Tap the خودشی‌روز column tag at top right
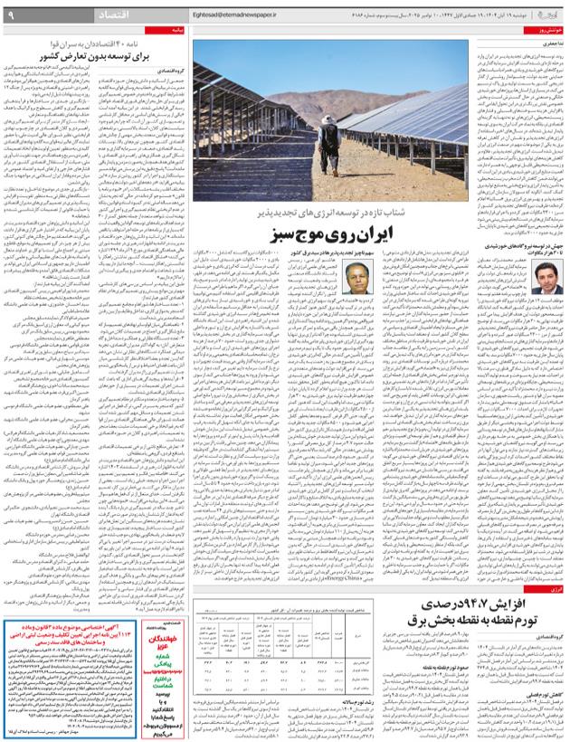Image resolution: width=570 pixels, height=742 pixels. click(548, 30)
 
